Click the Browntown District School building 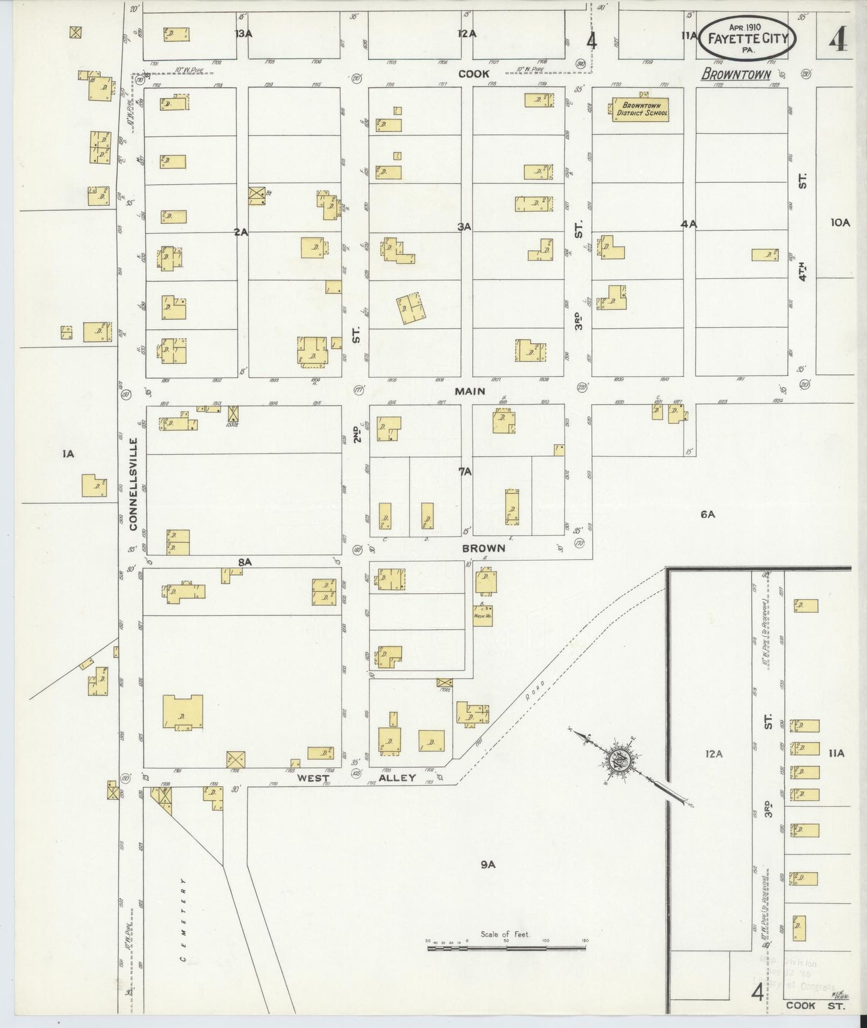coord(640,110)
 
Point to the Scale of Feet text coord(505,934)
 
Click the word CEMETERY coord(183,921)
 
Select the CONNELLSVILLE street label coord(133,484)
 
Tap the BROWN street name coord(483,548)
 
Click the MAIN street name coord(470,391)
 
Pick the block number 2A coord(241,232)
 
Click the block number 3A coord(464,227)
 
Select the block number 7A coord(465,472)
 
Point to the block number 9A coord(487,864)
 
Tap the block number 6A coord(707,514)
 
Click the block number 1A coord(68,454)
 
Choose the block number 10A coord(840,223)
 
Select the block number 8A coord(244,562)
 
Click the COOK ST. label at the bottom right coord(815,1006)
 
